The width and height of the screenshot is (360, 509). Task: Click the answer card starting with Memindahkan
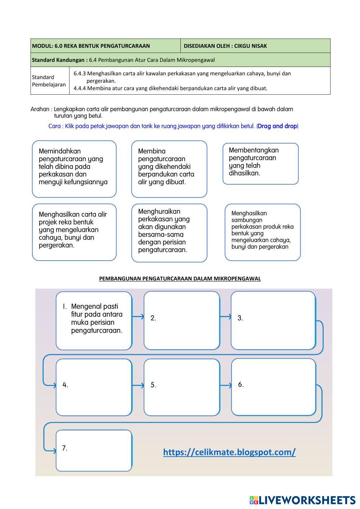tap(74, 168)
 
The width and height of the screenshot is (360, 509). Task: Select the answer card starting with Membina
tap(169, 168)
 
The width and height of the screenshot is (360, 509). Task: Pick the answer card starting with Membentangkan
tap(260, 163)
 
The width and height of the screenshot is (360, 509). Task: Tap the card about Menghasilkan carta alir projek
tap(74, 232)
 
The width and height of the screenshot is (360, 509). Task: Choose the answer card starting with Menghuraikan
tap(169, 233)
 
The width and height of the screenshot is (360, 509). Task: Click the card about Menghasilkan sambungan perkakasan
tap(262, 232)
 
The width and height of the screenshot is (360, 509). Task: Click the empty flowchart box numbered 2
tap(182, 320)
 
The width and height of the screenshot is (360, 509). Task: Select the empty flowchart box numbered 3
tap(273, 320)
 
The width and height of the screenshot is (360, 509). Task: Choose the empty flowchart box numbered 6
tap(273, 387)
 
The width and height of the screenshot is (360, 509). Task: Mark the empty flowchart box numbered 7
tap(94, 450)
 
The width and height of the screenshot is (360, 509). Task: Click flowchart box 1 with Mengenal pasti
tap(94, 320)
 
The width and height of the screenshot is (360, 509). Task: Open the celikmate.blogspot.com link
tap(229, 452)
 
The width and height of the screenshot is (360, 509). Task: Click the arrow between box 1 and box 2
tap(138, 317)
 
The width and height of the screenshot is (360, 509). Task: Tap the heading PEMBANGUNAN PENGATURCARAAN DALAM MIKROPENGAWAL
tap(180, 279)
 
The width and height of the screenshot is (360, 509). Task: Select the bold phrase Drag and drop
tap(278, 126)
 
